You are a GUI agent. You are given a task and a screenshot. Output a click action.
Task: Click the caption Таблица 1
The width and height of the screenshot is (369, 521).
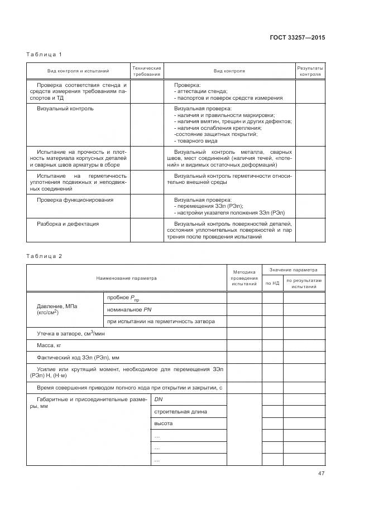point(44,55)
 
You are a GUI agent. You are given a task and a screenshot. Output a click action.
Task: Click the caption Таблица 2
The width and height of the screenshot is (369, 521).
point(44,256)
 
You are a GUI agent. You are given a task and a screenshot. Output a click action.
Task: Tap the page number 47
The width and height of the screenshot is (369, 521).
point(321,474)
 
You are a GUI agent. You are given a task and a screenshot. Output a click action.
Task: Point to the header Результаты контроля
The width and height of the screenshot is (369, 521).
point(310,71)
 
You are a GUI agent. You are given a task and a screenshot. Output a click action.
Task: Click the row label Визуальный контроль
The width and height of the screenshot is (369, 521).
point(65,108)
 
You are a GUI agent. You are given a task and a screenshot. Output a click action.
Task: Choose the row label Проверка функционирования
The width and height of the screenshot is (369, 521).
point(75,199)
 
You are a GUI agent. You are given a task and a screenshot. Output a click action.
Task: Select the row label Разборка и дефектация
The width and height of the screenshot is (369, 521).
point(68,223)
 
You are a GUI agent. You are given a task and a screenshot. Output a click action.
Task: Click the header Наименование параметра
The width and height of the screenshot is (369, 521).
point(126,277)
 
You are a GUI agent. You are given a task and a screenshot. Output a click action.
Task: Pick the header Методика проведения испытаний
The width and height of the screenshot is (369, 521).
point(244,277)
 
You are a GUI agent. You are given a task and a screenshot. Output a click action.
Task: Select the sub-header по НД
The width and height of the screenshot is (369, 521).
point(272,284)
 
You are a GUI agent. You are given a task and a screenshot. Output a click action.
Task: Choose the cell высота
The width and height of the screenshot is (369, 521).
point(163,423)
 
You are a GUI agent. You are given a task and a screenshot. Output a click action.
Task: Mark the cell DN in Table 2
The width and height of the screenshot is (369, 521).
point(159,400)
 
